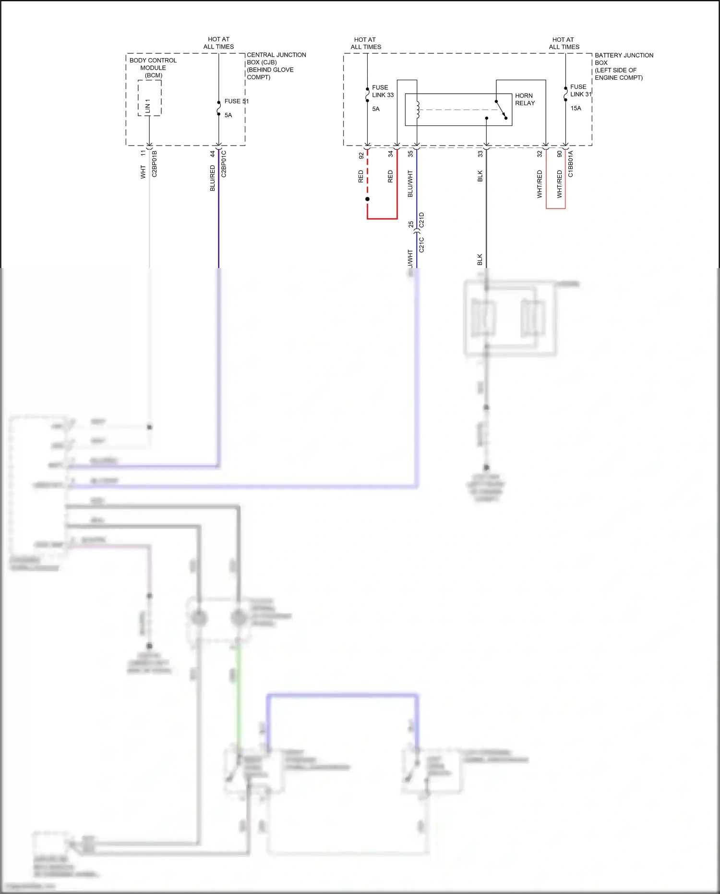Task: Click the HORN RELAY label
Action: point(525,99)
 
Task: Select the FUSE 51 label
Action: point(236,101)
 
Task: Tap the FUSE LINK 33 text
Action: point(383,91)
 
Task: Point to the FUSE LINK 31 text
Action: point(580,90)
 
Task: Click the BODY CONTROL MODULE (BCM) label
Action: point(153,68)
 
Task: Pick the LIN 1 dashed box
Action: point(149,98)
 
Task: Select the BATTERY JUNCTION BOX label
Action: point(624,66)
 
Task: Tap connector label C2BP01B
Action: point(155,164)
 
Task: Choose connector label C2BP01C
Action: point(224,164)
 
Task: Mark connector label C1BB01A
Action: point(571,164)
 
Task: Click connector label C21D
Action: point(421,220)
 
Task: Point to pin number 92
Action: point(361,156)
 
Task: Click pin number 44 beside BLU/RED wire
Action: point(213,154)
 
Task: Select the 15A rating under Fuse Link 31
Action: point(576,108)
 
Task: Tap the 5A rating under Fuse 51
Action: point(228,115)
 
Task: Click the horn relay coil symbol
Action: point(418,110)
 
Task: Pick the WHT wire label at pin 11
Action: point(143,172)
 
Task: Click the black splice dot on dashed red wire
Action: point(367,199)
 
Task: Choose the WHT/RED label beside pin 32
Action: point(540,184)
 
